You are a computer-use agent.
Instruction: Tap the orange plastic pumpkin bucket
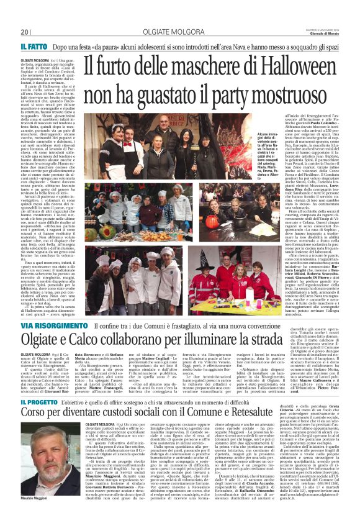coord(212,222)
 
